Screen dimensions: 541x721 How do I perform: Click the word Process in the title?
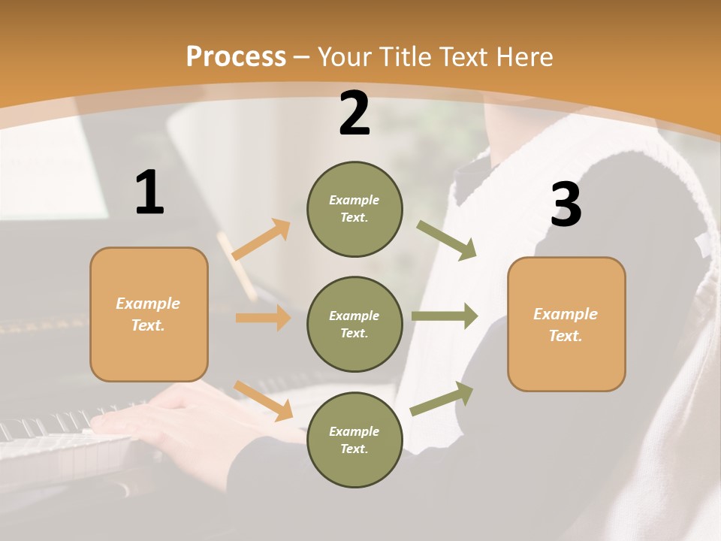236,57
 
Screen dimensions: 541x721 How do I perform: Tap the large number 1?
149,192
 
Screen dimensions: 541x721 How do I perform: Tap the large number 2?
354,113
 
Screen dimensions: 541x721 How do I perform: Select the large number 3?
566,204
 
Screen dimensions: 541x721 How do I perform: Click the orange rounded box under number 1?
149,314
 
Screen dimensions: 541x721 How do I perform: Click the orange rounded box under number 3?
566,325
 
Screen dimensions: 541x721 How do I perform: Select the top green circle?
354,209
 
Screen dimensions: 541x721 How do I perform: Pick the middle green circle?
354,324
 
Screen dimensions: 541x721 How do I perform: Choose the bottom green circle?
354,440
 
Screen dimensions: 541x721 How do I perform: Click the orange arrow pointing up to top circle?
261,239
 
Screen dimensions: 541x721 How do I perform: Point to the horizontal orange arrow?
263,318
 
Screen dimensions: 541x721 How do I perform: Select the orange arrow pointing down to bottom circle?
264,400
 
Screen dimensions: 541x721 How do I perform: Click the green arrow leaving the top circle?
447,240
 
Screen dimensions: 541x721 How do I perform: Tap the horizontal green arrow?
445,316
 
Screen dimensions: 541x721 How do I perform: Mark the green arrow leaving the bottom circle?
442,398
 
